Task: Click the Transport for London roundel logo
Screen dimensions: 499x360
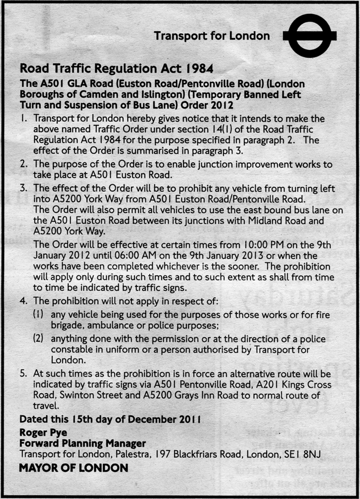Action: (310, 36)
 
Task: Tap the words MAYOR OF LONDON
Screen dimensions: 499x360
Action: (73, 467)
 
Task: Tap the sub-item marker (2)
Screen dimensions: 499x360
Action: (39, 339)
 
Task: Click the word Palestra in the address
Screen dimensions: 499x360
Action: (128, 453)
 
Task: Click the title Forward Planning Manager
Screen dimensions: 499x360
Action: (82, 443)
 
